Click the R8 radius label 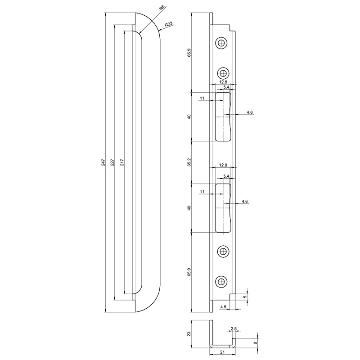click(x=162, y=9)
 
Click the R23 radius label click(x=168, y=24)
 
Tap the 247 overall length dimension click(x=103, y=162)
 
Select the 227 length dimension click(x=112, y=162)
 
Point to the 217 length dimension click(x=122, y=162)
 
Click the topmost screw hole click(x=221, y=42)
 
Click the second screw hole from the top click(x=223, y=73)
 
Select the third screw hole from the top click(x=223, y=251)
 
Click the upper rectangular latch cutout click(x=223, y=117)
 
